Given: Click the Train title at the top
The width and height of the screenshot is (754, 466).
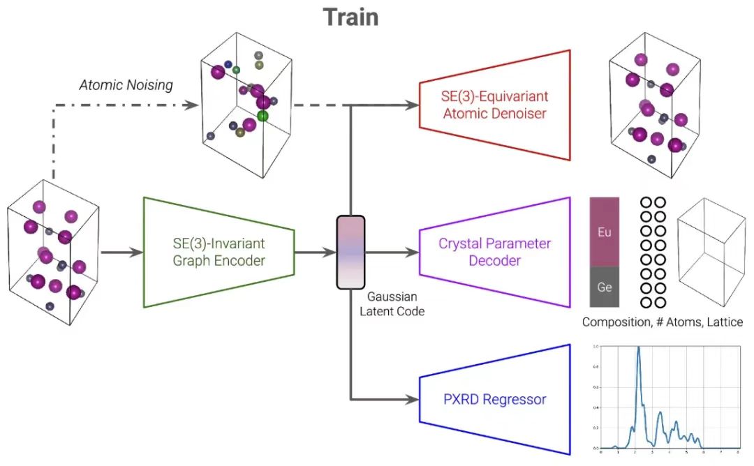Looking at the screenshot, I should tap(350, 17).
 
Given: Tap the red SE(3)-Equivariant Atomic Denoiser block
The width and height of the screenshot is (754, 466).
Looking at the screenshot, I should tap(494, 105).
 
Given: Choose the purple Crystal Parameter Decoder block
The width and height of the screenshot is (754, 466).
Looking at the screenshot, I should tap(494, 253).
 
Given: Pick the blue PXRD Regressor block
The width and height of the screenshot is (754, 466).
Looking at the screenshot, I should tap(494, 400).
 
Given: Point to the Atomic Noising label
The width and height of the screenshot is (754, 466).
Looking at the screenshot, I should tap(126, 85).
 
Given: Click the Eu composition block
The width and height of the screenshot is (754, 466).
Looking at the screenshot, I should tap(605, 232).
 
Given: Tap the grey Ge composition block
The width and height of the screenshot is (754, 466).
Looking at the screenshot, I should tap(605, 287).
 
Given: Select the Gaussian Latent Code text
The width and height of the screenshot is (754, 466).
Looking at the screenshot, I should tap(392, 304).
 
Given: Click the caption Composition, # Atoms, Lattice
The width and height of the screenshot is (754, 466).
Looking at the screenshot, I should tap(663, 323).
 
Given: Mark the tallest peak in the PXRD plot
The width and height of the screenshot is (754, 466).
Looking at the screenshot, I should tap(638, 349).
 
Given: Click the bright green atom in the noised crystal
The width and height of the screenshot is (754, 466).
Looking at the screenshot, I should tap(263, 116).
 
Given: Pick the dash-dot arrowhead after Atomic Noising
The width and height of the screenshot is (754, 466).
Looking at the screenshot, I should tap(191, 105).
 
